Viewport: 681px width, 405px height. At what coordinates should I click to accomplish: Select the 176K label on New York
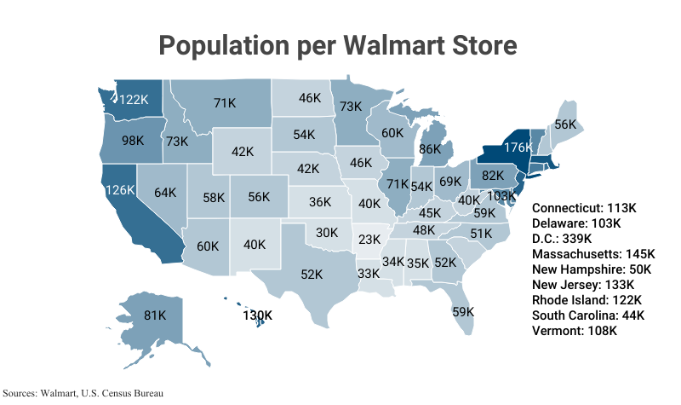click(x=518, y=148)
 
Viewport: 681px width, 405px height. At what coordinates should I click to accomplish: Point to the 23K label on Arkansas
click(x=369, y=240)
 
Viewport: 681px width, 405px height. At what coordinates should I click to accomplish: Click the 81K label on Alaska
click(x=155, y=315)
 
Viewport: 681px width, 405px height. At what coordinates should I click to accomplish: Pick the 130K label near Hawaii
click(x=258, y=315)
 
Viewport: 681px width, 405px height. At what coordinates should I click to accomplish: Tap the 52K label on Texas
click(x=312, y=275)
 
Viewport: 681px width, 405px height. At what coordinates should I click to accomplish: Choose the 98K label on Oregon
click(x=133, y=141)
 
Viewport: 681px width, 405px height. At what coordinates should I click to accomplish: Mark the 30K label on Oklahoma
click(x=328, y=232)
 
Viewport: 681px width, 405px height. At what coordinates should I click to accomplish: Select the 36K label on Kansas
click(x=320, y=202)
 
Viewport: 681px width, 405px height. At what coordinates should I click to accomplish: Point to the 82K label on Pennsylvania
click(x=494, y=176)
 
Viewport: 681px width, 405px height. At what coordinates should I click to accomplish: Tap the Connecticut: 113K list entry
click(x=584, y=208)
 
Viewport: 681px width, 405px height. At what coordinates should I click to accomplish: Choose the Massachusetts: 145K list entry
click(x=593, y=254)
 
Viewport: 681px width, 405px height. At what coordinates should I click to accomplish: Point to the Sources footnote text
click(x=83, y=393)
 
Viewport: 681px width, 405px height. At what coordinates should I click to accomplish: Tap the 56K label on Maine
click(x=566, y=124)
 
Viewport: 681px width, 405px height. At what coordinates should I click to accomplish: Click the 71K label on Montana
click(x=225, y=103)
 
